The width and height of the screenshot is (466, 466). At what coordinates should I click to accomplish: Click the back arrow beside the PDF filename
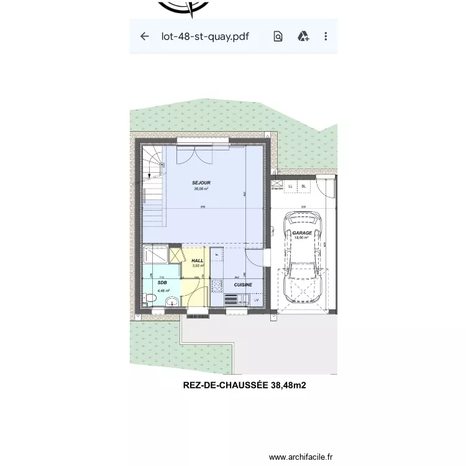145,36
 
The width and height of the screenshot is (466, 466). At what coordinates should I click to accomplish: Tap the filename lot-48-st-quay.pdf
204,36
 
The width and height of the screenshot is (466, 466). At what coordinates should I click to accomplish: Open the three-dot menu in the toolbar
326,36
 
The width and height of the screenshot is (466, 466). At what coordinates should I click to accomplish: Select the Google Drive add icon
303,36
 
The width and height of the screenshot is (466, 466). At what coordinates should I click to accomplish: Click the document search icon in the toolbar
278,36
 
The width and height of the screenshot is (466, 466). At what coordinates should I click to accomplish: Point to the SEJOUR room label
201,183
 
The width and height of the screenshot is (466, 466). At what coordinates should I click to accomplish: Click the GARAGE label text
303,233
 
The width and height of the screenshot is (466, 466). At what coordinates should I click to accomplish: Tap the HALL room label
198,261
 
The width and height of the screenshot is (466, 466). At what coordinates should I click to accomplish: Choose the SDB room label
163,283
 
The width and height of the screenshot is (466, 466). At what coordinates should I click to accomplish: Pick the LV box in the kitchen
256,300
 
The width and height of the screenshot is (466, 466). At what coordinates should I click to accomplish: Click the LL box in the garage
290,186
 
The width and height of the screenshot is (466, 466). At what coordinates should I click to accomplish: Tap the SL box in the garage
304,186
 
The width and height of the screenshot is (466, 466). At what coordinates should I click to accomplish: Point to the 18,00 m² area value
303,238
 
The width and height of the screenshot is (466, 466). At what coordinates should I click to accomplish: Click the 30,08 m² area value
201,189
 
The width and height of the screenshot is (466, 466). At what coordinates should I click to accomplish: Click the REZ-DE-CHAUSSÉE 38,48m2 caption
244,385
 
